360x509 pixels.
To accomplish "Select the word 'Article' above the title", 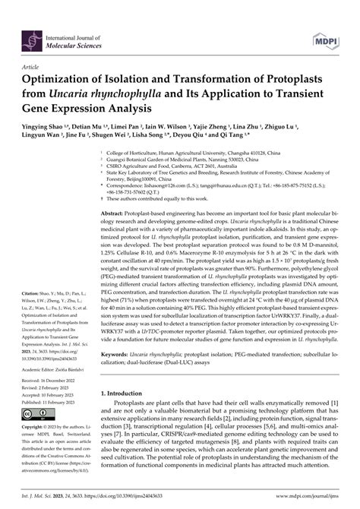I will pos(33,68).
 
